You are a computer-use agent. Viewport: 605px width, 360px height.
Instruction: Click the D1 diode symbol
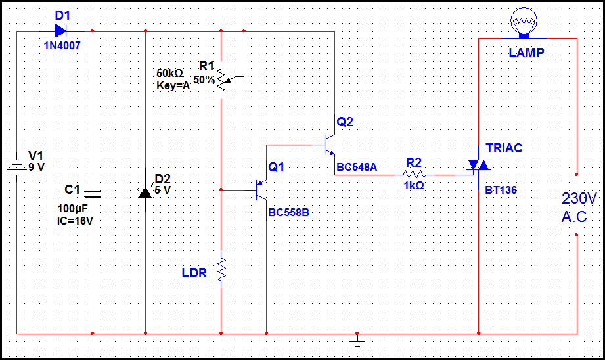coord(60,30)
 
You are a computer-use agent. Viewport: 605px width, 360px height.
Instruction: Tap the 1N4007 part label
coord(62,45)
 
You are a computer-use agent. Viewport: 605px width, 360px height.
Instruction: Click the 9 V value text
coord(37,167)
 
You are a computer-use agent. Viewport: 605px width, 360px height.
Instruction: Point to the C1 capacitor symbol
coord(93,194)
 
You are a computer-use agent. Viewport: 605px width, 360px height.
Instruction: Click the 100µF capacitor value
coord(72,209)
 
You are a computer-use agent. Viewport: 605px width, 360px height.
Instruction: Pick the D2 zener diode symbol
coord(145,191)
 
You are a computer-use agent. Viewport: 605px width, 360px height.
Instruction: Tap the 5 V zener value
coord(162,190)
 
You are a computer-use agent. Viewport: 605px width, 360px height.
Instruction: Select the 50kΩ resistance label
coord(169,73)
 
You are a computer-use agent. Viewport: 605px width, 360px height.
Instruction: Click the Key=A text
coord(173,85)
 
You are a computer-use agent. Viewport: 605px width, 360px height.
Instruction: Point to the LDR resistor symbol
coord(221,269)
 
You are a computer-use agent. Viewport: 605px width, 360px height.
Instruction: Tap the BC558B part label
coord(288,213)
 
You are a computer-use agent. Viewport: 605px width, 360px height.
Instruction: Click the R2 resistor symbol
coord(414,174)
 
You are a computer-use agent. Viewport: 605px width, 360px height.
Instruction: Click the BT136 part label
coord(501,190)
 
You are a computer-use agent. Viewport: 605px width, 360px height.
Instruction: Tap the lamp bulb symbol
coord(524,23)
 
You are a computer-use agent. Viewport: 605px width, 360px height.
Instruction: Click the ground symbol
coord(357,341)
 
